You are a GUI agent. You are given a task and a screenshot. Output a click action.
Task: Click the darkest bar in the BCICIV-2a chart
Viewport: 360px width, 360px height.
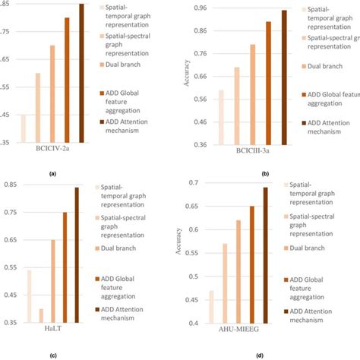(x=81, y=73)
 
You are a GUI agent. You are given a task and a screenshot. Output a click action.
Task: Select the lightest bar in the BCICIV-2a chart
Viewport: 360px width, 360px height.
(x=23, y=128)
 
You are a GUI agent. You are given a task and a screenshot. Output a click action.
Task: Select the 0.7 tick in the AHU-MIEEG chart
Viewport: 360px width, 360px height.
(x=199, y=183)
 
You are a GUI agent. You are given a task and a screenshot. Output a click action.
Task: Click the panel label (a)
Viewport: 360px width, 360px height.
(x=52, y=173)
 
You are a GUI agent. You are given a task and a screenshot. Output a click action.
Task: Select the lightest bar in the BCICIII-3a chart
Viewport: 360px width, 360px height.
(x=221, y=117)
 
